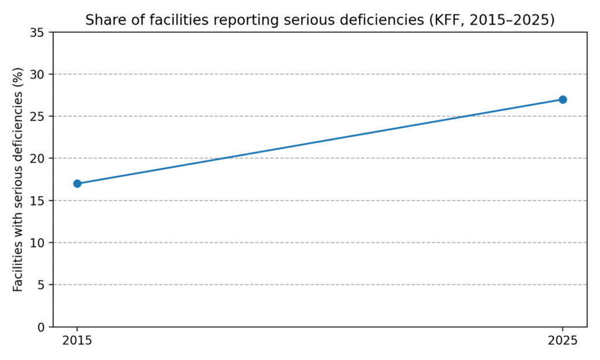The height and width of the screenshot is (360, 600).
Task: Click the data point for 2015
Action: point(77,184)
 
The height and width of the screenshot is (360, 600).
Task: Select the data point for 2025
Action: point(562,100)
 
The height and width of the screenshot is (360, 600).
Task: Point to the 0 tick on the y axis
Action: point(40,327)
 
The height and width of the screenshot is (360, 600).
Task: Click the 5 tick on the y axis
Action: point(40,284)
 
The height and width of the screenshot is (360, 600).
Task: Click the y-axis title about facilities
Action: point(19,179)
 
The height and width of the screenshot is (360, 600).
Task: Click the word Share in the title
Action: point(103,20)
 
